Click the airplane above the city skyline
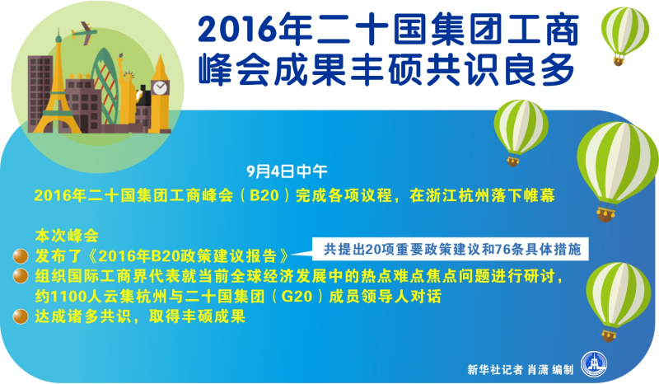[84, 33]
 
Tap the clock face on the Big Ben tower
[160, 88]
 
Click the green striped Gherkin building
[105, 87]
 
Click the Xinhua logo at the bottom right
[594, 364]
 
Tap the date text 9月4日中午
[287, 171]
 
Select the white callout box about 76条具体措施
[450, 250]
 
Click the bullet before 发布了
[20, 255]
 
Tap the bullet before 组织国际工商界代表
[20, 276]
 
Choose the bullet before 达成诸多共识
[20, 316]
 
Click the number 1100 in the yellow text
[67, 297]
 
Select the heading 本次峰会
[67, 236]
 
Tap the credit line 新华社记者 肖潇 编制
[521, 370]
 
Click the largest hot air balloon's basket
[605, 214]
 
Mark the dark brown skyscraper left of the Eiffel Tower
[40, 92]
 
